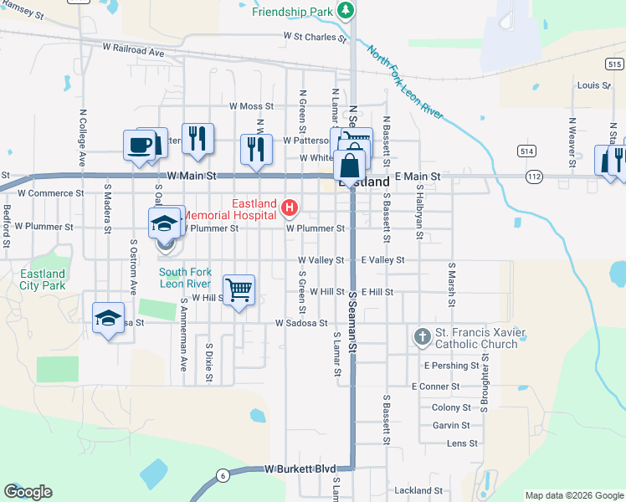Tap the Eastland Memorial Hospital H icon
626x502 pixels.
(290, 207)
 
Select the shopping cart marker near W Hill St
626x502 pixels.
(239, 290)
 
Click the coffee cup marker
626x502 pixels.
(139, 144)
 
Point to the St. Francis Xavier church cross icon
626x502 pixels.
(422, 337)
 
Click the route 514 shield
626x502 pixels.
(526, 151)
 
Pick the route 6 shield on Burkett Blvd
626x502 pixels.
(223, 476)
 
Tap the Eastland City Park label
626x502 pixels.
(43, 279)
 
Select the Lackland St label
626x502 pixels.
(418, 490)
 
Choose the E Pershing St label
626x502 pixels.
(452, 366)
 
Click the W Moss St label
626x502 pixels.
(251, 106)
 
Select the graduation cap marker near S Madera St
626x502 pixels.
(108, 319)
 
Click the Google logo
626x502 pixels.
(28, 492)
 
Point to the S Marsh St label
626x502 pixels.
(451, 282)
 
